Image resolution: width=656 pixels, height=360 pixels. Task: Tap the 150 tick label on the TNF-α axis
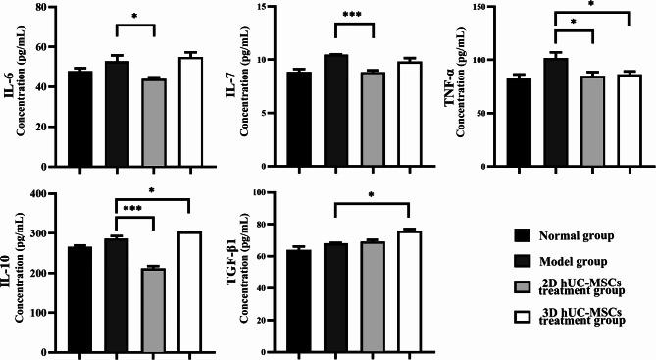click(x=484, y=7)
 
